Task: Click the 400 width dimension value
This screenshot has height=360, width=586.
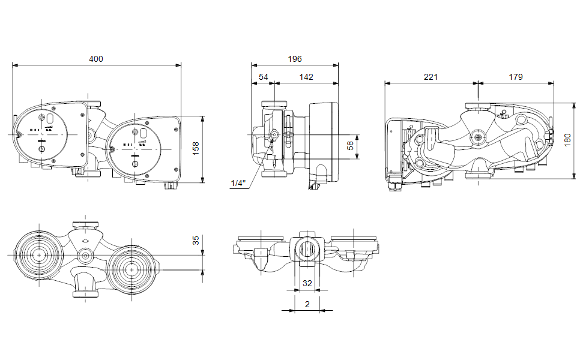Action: click(96, 59)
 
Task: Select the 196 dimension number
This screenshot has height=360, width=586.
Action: click(294, 59)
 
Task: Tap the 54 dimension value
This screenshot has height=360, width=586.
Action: click(264, 77)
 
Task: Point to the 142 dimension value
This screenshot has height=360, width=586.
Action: click(306, 77)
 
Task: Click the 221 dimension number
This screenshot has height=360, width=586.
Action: click(430, 77)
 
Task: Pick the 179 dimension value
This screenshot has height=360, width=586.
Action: click(515, 77)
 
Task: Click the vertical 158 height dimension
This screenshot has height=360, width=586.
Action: click(196, 148)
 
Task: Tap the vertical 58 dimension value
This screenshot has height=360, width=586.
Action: click(351, 146)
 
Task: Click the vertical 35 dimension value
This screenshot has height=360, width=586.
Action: click(196, 241)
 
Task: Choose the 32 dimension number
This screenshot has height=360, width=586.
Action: click(307, 283)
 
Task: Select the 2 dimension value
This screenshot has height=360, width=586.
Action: click(307, 304)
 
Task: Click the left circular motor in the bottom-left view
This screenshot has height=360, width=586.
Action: click(40, 255)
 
